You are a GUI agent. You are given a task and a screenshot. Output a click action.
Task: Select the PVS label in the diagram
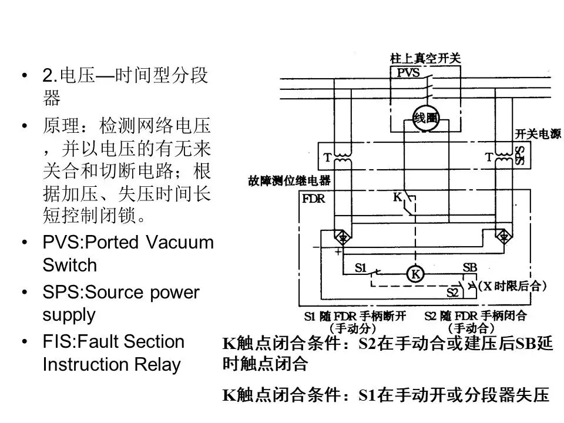408,73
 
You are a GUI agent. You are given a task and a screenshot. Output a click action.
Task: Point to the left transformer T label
327,159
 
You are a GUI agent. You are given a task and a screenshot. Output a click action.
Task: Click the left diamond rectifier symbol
339,237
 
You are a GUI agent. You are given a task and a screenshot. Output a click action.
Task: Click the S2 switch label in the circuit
453,292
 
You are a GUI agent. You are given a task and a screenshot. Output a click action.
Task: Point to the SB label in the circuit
470,267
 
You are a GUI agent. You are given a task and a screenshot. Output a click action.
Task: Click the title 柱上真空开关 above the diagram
425,58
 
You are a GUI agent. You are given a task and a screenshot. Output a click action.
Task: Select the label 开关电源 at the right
538,135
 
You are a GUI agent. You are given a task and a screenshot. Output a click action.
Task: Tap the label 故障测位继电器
289,181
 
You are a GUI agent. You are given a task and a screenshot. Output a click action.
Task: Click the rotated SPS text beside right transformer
520,156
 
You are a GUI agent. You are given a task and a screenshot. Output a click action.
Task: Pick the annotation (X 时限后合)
512,287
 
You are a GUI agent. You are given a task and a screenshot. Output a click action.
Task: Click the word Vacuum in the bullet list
180,243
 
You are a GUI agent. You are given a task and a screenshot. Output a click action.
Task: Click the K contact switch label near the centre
398,199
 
